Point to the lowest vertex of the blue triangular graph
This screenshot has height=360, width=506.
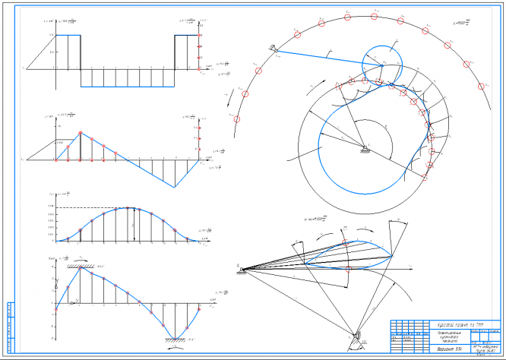176,186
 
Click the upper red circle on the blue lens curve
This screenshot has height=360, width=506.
347,245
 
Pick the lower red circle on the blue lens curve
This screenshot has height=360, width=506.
347,268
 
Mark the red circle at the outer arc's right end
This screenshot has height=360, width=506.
481,84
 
